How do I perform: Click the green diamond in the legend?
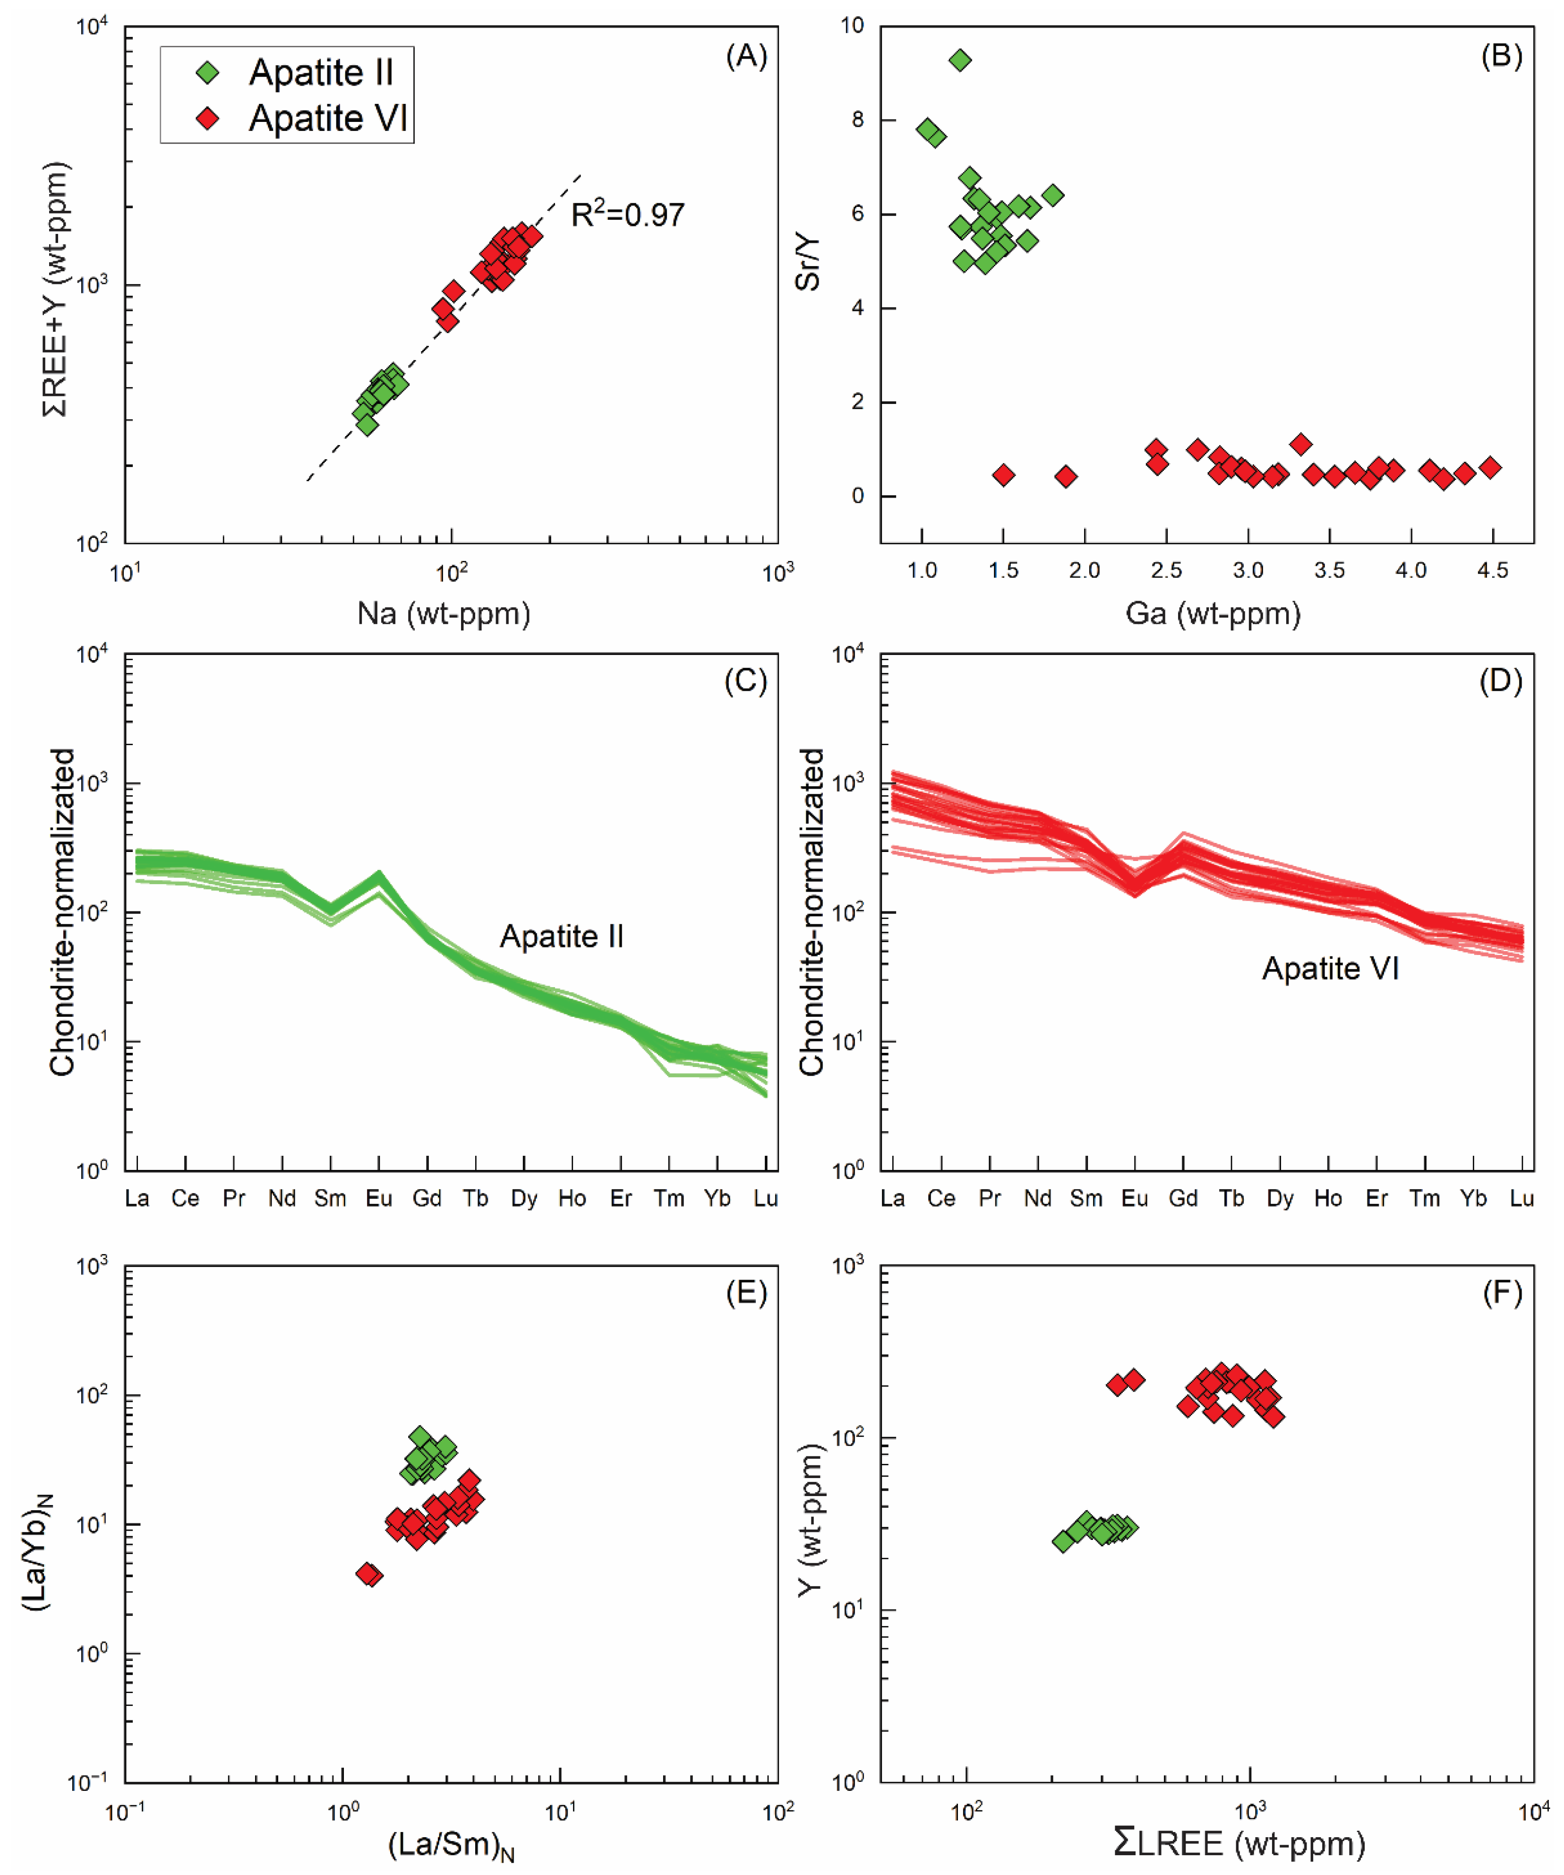(x=208, y=72)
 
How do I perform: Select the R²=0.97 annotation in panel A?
(x=628, y=214)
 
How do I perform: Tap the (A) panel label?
(x=746, y=56)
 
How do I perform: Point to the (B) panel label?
(x=1502, y=56)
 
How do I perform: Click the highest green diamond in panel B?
(x=960, y=60)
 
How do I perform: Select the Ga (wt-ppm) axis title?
(x=1213, y=613)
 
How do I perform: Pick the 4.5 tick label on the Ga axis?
(x=1493, y=570)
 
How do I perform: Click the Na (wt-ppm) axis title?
(x=444, y=613)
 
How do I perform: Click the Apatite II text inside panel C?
(x=562, y=936)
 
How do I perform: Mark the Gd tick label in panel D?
(x=1183, y=1198)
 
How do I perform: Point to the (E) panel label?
(x=746, y=1293)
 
